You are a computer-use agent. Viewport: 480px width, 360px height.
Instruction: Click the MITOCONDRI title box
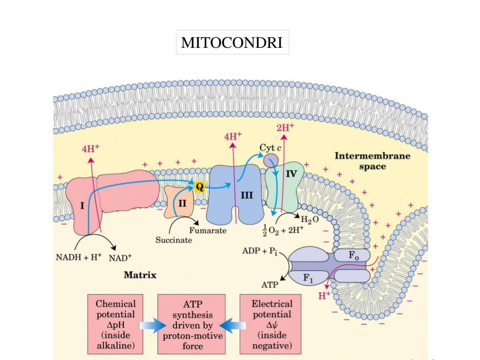(232, 43)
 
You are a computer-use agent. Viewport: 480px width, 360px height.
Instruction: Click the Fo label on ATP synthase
(354, 256)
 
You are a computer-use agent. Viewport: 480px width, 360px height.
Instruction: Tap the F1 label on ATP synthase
(307, 278)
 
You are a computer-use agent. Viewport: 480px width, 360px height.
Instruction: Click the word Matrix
(140, 275)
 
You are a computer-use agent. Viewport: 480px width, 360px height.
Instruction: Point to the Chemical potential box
(115, 324)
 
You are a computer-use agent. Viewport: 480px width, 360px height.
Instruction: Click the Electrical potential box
(272, 324)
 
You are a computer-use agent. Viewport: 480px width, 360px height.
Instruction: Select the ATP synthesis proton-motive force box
(192, 324)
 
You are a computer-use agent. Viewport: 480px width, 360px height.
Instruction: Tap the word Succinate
(173, 240)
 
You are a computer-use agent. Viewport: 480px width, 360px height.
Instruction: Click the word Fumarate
(208, 231)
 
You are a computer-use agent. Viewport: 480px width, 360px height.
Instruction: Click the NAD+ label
(120, 257)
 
